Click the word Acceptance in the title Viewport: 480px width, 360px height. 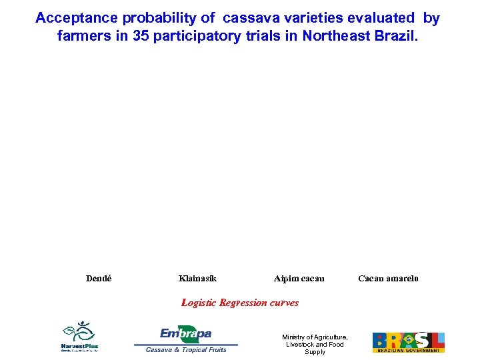point(76,19)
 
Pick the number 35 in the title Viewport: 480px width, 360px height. point(141,36)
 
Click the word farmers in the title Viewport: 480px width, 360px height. point(84,36)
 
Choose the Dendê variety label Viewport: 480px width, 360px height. point(99,278)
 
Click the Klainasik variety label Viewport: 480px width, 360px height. point(197,278)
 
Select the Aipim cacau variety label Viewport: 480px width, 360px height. point(299,278)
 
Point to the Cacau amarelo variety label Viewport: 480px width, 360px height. point(389,278)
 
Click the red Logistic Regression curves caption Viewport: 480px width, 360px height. point(240,303)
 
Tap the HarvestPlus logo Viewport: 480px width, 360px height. point(80,337)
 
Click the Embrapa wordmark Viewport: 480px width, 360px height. point(186,333)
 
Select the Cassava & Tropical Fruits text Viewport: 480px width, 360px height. point(186,349)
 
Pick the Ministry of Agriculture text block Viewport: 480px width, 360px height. point(315,344)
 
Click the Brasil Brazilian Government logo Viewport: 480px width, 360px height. point(408,342)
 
